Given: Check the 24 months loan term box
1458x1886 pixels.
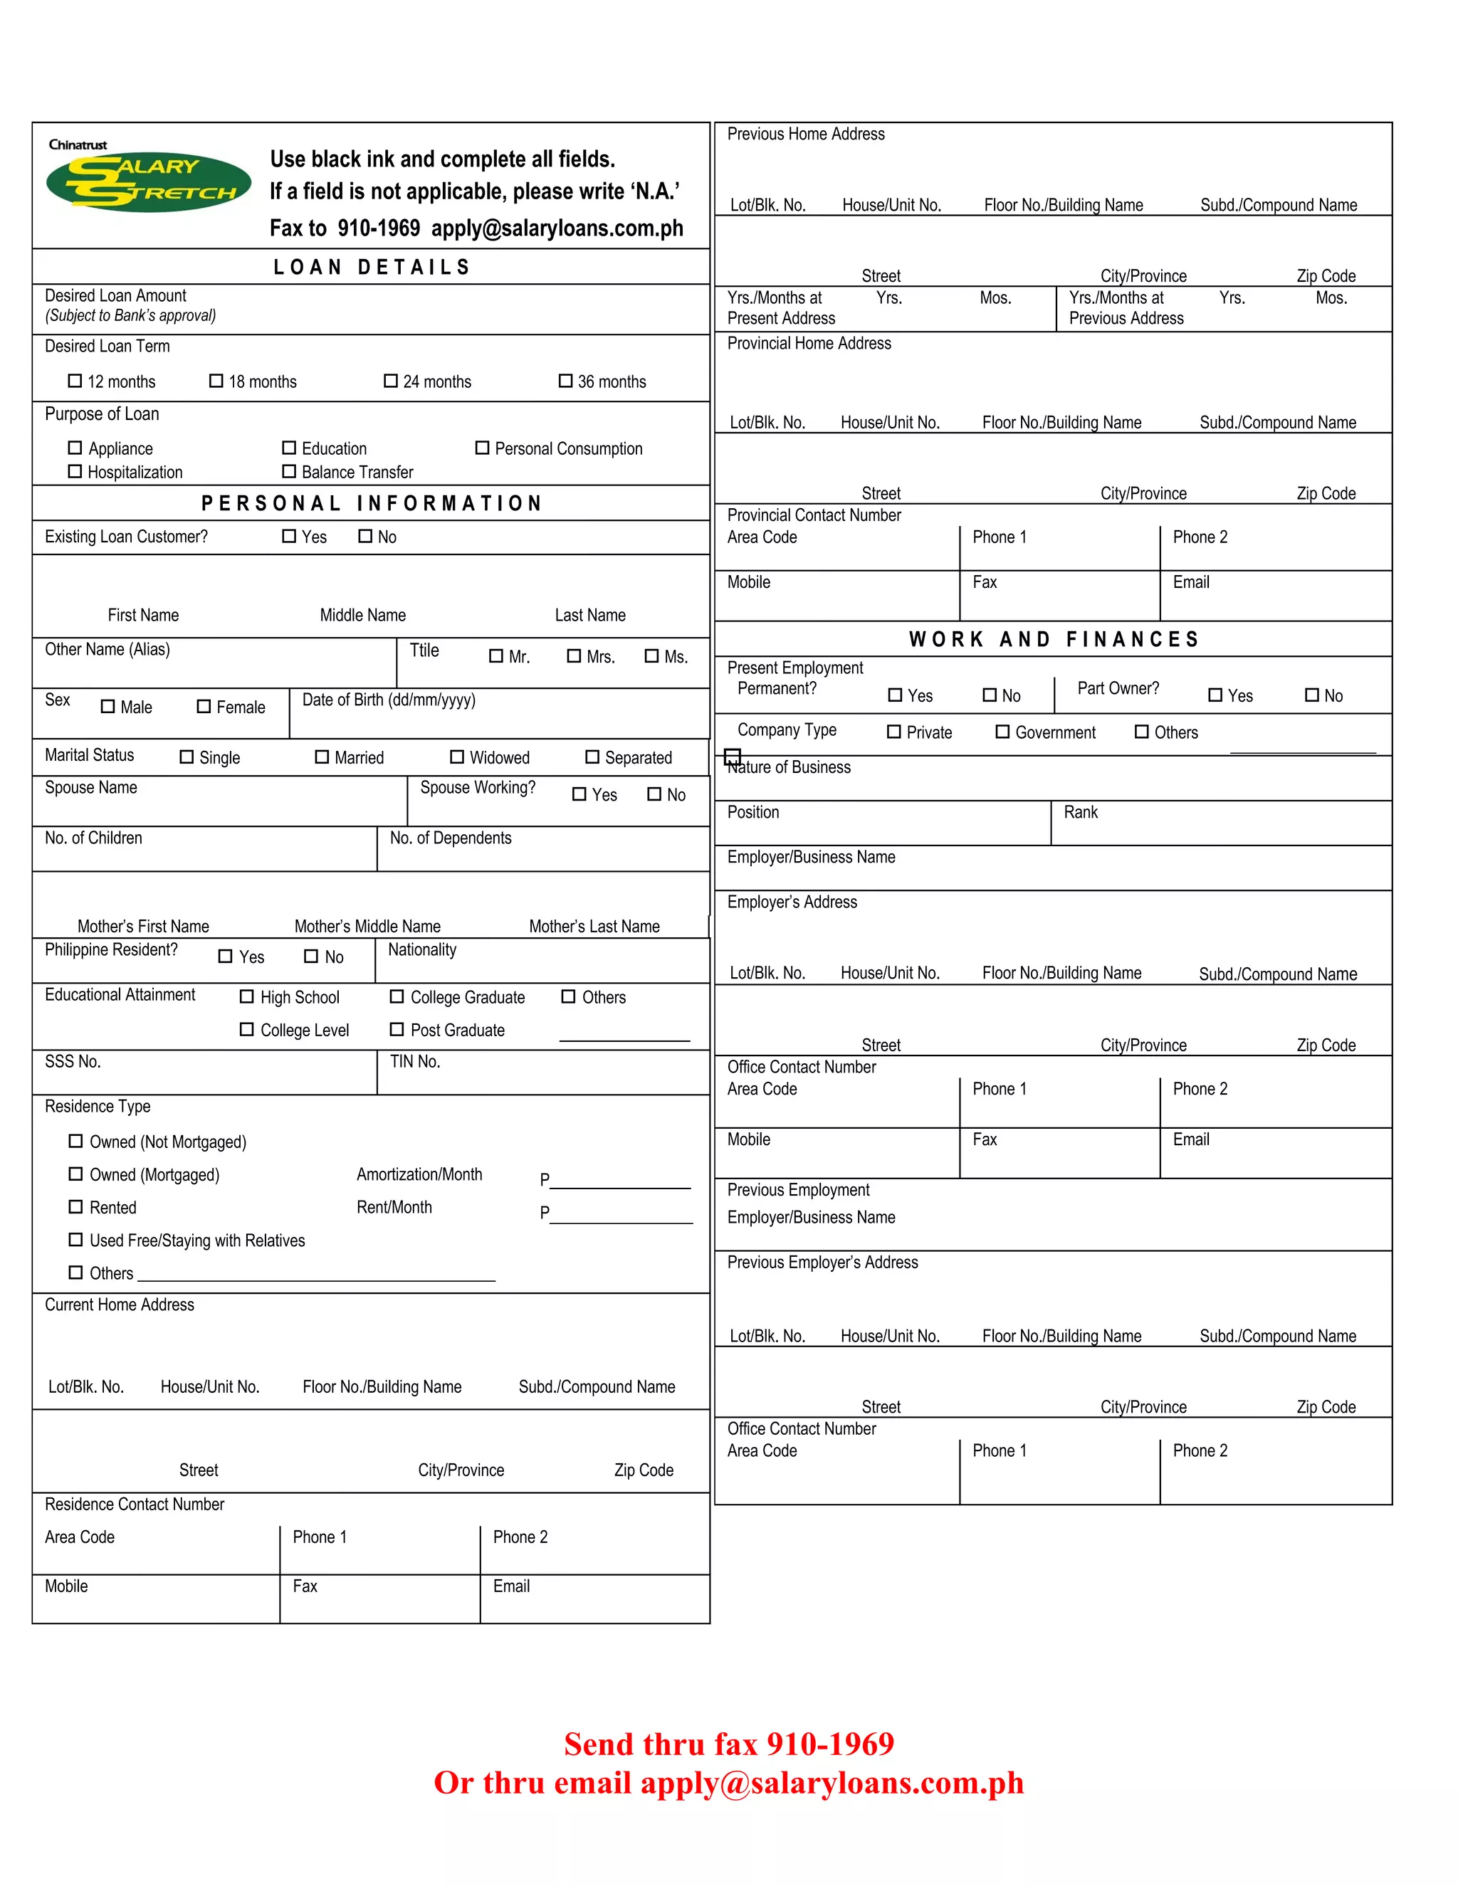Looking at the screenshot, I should click(x=390, y=381).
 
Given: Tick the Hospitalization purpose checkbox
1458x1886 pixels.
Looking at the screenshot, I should click(x=75, y=471).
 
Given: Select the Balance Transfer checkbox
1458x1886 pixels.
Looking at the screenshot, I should click(x=289, y=471).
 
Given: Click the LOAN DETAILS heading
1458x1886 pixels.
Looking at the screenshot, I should click(x=372, y=267).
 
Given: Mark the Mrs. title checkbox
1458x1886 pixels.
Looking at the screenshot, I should click(x=574, y=656).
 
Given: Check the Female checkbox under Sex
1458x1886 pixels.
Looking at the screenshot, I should click(x=204, y=707).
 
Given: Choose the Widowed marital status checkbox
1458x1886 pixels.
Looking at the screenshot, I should click(x=457, y=757).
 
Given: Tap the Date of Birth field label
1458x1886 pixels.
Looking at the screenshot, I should click(x=389, y=700).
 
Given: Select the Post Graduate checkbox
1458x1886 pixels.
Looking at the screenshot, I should click(x=397, y=1029).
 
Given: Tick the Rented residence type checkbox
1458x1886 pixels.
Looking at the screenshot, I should click(x=76, y=1207).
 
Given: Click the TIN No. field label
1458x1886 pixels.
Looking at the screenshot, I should click(x=414, y=1062).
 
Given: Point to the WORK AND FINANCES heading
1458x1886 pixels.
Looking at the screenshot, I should click(x=1054, y=640).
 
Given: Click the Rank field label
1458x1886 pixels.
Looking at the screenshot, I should click(x=1081, y=813).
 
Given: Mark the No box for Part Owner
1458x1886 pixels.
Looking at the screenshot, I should click(x=1312, y=695).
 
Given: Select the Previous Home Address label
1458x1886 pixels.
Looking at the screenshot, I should click(x=806, y=135).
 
